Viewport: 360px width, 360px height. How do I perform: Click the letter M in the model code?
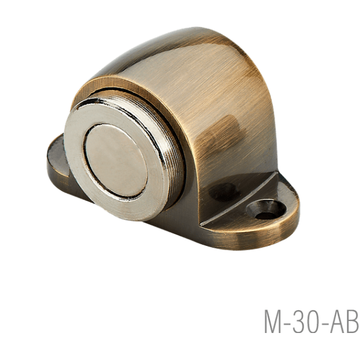tap(273, 322)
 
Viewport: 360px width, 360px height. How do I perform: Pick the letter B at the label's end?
tap(353, 322)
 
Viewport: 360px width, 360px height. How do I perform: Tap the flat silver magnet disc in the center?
tap(116, 161)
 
